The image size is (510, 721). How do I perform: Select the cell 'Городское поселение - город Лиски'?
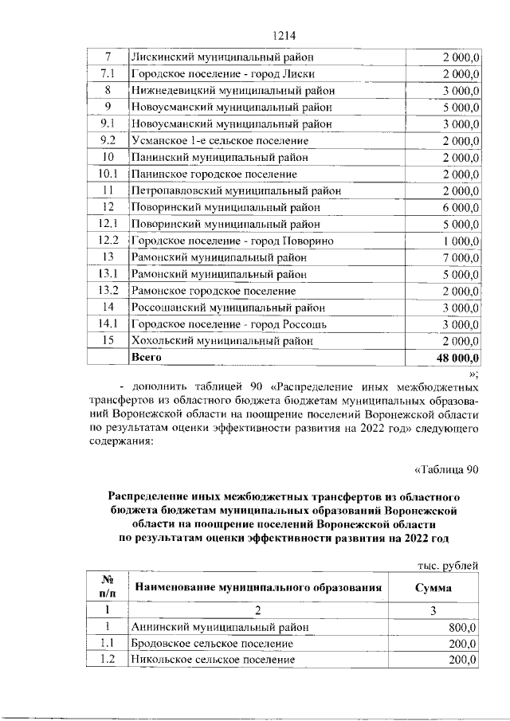pyautogui.click(x=221, y=74)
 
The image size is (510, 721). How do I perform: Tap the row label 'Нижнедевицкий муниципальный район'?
pyautogui.click(x=233, y=90)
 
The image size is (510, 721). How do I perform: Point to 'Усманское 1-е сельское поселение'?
pyautogui.click(x=220, y=140)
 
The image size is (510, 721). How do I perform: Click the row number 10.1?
pyautogui.click(x=108, y=174)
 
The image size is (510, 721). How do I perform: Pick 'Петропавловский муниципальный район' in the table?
pyautogui.click(x=237, y=190)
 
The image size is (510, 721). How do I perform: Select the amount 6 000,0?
pyautogui.click(x=459, y=207)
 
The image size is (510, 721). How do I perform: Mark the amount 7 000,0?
pyautogui.click(x=459, y=257)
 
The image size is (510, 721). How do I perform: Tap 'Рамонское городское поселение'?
pyautogui.click(x=214, y=291)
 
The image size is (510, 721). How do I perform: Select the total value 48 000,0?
pyautogui.click(x=454, y=358)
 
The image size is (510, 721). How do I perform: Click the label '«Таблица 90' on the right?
pyautogui.click(x=446, y=469)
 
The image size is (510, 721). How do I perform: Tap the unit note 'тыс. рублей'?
pyautogui.click(x=446, y=566)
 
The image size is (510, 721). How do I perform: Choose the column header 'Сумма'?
pyautogui.click(x=434, y=588)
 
